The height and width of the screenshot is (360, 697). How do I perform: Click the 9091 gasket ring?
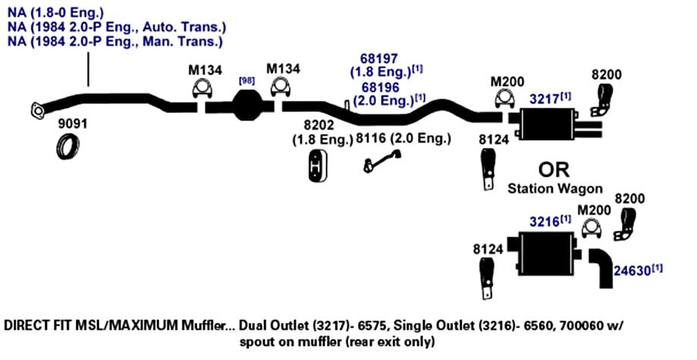68,147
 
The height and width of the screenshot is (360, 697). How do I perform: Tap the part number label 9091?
73,124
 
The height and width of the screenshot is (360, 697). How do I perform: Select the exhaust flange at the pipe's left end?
38,110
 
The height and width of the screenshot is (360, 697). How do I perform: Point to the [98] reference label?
246,81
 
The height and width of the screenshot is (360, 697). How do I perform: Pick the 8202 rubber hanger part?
318,165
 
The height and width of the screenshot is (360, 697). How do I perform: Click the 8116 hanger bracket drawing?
381,161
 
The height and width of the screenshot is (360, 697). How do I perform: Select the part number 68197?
379,58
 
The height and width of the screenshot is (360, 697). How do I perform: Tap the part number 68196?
381,86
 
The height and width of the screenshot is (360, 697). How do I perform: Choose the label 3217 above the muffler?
544,99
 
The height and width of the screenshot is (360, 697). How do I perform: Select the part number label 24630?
633,271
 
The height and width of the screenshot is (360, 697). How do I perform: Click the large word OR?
554,170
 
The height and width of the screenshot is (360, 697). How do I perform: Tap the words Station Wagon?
555,189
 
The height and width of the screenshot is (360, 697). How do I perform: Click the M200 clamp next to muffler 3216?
592,227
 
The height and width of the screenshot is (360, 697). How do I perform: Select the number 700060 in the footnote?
582,326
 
